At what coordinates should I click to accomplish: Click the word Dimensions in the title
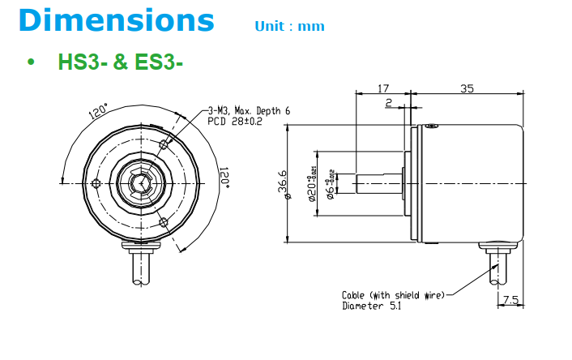pos(116,19)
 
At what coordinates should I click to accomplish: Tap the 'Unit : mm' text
pos(289,26)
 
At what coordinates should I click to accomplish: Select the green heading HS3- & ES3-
pos(120,62)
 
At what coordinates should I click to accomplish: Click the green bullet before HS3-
pos(32,62)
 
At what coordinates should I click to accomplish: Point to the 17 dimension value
pos(384,88)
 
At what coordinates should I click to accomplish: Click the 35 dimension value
pos(467,88)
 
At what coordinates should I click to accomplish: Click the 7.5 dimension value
pos(510,300)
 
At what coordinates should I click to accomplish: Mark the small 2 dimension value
pos(389,103)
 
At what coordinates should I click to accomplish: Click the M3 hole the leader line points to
pos(164,144)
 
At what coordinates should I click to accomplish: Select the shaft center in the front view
pos(143,183)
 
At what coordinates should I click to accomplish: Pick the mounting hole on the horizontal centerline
pos(96,183)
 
